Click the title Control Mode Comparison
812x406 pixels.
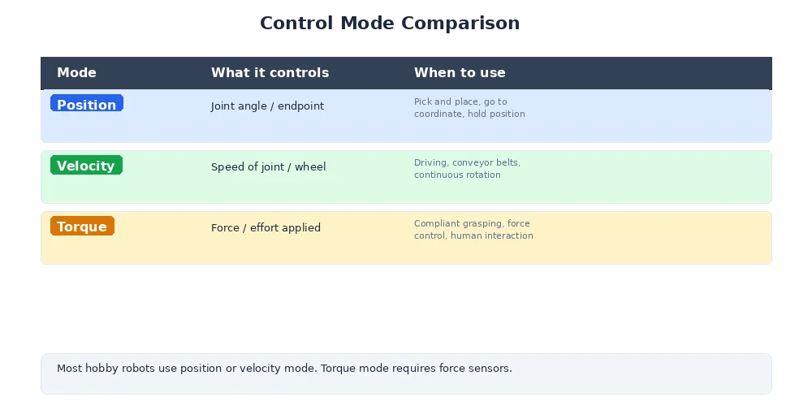tap(390, 23)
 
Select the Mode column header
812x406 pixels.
tap(76, 72)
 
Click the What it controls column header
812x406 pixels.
tap(270, 72)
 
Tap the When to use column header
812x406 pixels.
tap(460, 72)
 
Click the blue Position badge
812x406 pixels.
tap(86, 104)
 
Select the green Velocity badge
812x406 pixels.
tap(86, 166)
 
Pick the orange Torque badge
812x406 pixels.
tap(82, 227)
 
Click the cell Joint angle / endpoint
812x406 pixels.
tap(267, 106)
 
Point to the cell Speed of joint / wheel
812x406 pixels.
tap(268, 166)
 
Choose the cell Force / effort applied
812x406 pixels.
tap(266, 227)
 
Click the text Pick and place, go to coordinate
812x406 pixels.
tap(469, 108)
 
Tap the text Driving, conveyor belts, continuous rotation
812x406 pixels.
tap(467, 169)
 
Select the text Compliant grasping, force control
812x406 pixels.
tap(473, 230)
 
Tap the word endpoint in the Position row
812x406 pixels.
tap(300, 106)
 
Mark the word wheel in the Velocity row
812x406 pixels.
tap(310, 166)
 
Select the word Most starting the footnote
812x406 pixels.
tap(69, 368)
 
